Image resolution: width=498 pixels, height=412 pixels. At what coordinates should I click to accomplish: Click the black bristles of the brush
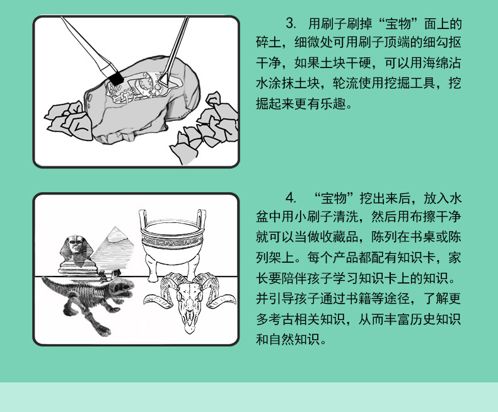(x=115, y=79)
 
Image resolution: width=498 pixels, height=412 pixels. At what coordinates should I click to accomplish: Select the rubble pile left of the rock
(x=68, y=118)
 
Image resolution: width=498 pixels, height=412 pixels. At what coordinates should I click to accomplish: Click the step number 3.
(x=291, y=25)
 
